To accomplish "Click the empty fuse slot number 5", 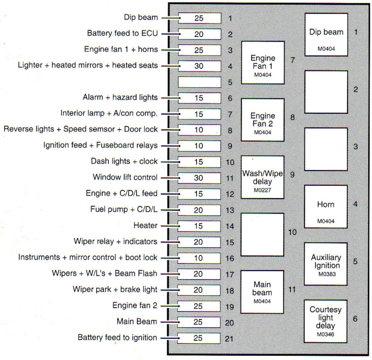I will [x=199, y=82].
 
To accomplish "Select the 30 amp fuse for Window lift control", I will [x=199, y=178].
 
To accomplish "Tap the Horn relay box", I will [x=326, y=207].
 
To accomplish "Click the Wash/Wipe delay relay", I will [x=262, y=178].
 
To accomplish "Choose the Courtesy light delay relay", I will [x=325, y=321].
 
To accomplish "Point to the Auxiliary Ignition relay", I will [x=326, y=264].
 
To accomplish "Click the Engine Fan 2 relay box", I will [x=263, y=120].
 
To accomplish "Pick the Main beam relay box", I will [x=262, y=292].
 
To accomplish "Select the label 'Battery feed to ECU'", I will [x=122, y=33].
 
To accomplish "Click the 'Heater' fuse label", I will [x=146, y=226].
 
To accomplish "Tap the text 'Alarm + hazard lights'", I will [x=120, y=97].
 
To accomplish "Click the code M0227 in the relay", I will [x=262, y=190].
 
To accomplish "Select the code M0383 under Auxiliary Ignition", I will [x=326, y=274].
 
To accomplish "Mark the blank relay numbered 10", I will [x=262, y=234].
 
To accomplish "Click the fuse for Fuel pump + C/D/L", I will [x=199, y=210].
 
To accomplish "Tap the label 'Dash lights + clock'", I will [x=124, y=161].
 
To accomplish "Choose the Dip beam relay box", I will [x=326, y=35].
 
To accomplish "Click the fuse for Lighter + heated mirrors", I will [x=199, y=66].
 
